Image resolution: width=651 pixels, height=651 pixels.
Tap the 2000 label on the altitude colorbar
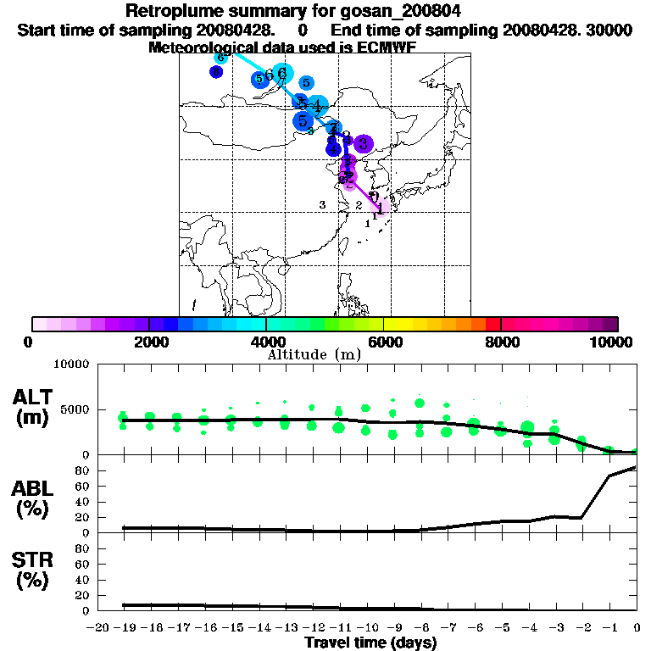[x=149, y=342]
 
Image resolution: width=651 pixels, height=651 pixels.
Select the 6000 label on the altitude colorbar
[x=384, y=342]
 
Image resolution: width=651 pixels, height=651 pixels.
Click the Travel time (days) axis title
[x=370, y=643]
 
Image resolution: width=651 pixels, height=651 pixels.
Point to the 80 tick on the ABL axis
[x=83, y=470]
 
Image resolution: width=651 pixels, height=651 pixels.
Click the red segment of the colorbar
[x=492, y=324]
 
